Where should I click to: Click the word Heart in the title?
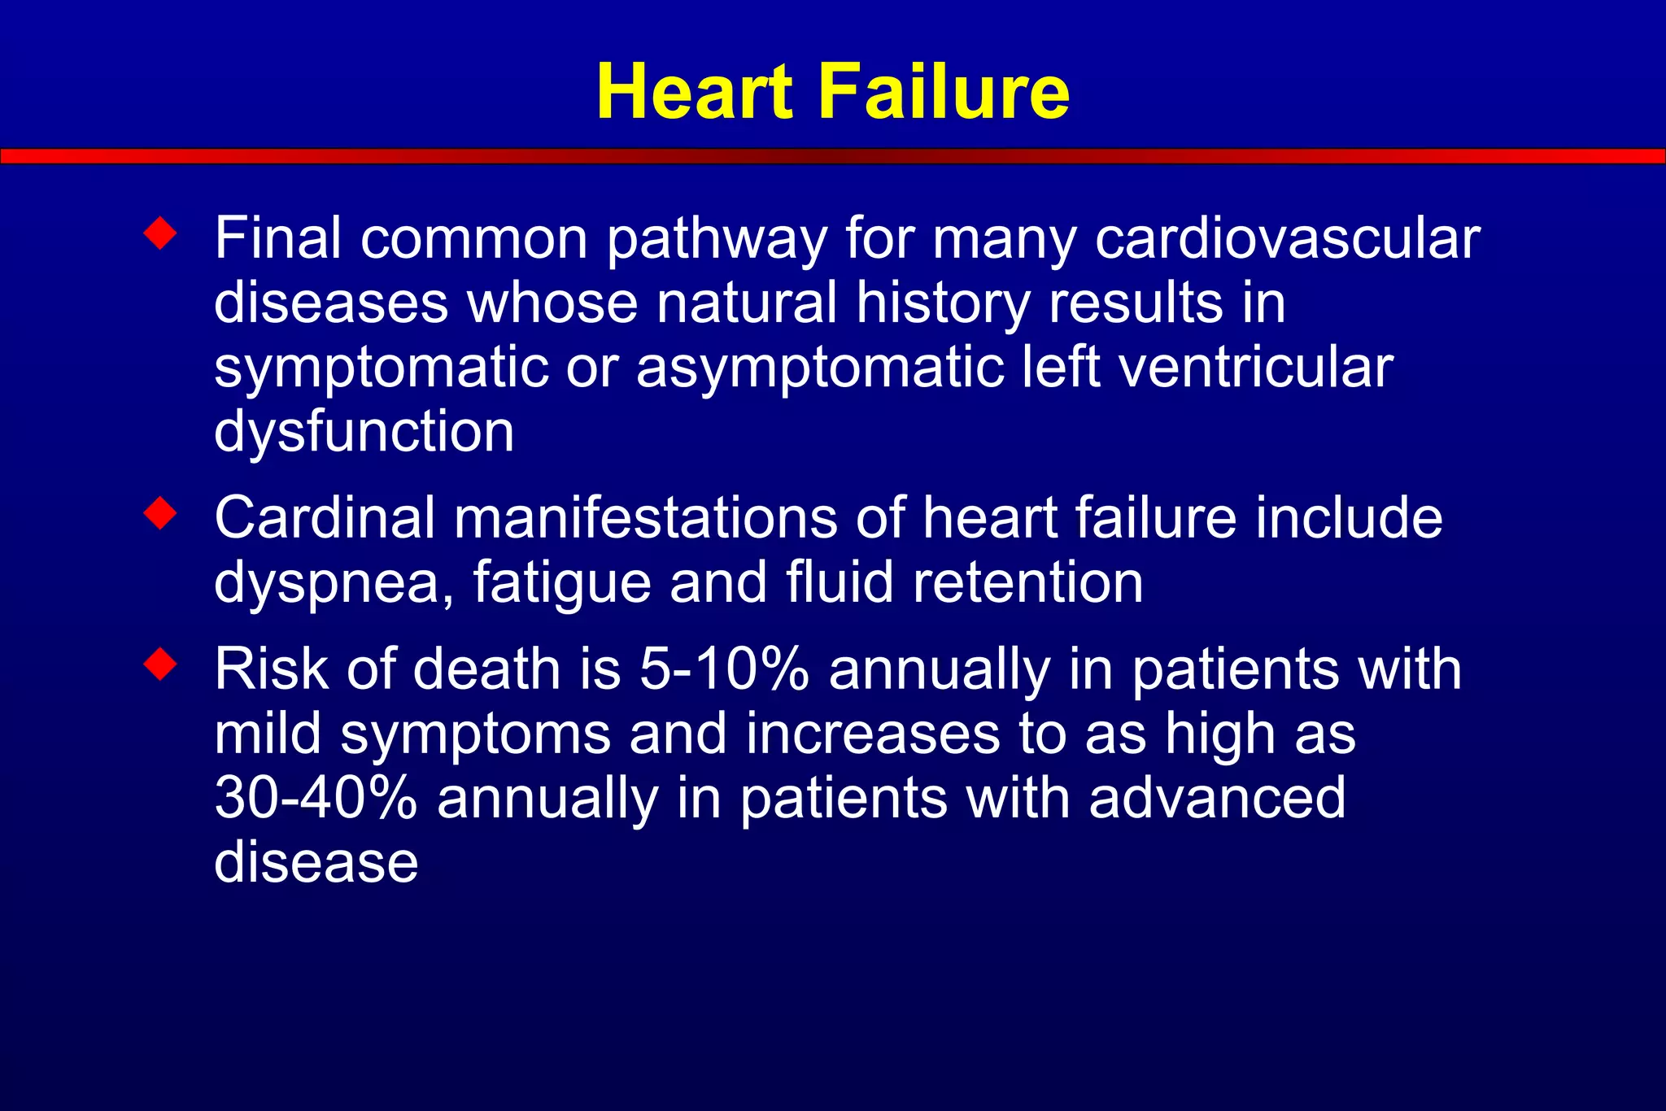point(694,92)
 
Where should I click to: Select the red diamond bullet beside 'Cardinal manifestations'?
point(160,513)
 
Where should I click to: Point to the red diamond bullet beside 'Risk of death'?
point(160,664)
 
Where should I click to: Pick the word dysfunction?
point(364,432)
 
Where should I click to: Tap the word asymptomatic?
point(819,368)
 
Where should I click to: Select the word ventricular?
point(1256,368)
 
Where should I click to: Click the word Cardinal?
point(325,518)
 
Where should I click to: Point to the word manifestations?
point(645,518)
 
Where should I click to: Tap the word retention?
point(1027,583)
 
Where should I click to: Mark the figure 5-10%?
point(724,669)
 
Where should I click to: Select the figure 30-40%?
point(316,798)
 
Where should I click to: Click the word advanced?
point(1217,798)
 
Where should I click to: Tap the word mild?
point(268,734)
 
